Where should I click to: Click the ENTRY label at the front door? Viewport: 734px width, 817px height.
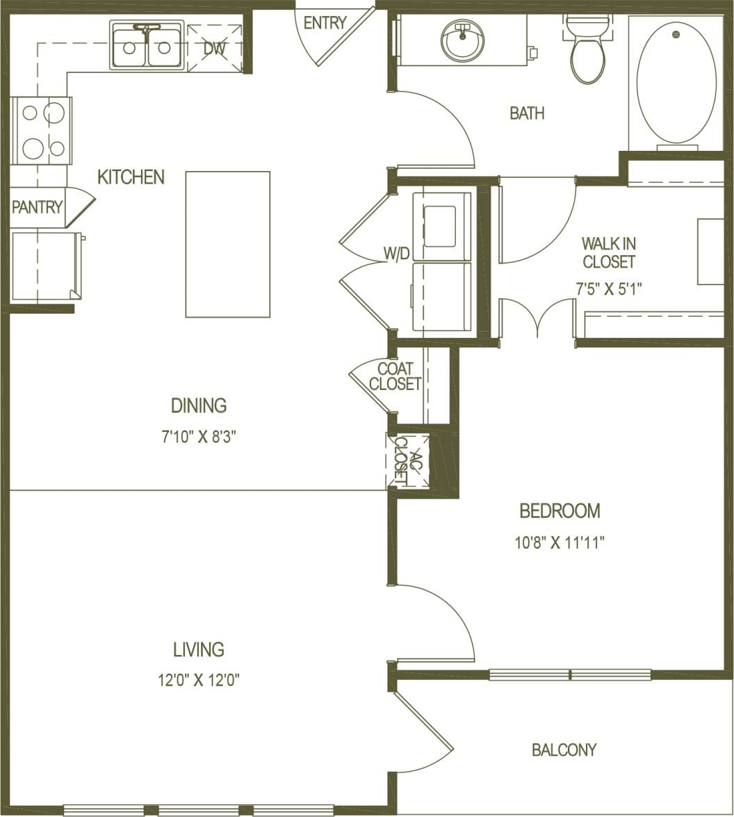pyautogui.click(x=325, y=23)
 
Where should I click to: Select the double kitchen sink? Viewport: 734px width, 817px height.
pyautogui.click(x=147, y=46)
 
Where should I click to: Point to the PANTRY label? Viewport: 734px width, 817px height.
pyautogui.click(x=37, y=207)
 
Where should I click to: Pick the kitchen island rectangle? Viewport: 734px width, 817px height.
pyautogui.click(x=227, y=244)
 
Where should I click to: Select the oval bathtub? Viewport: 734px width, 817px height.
pyautogui.click(x=676, y=82)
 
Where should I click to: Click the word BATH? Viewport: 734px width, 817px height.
pyautogui.click(x=527, y=113)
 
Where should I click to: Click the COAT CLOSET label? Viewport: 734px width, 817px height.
pyautogui.click(x=395, y=376)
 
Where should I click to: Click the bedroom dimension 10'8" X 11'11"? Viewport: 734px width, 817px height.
pyautogui.click(x=560, y=542)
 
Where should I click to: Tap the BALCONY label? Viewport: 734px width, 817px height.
pyautogui.click(x=564, y=750)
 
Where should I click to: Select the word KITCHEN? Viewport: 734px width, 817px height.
pyautogui.click(x=131, y=177)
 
